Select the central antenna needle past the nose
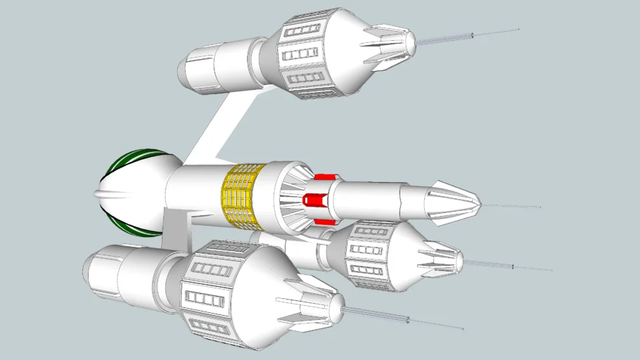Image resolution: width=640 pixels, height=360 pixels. point(513,207)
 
